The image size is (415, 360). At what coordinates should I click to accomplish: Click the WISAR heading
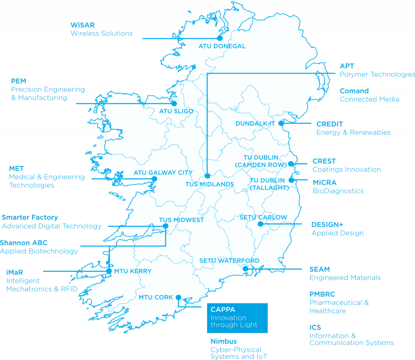(82, 25)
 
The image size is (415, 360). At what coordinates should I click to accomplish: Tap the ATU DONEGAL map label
(222, 46)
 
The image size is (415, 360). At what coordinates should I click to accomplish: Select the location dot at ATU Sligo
(174, 103)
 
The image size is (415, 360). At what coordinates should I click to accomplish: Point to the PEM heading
(19, 81)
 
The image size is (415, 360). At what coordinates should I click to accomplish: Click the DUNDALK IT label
(255, 124)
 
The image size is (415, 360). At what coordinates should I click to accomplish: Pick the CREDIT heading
(330, 124)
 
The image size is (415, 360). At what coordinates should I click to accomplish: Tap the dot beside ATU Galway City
(154, 179)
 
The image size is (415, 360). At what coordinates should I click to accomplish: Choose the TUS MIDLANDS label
(210, 184)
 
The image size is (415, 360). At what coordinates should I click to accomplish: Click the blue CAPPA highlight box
(237, 318)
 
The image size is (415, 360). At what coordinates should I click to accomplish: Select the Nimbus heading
(223, 341)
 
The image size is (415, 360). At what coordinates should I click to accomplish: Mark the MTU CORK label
(156, 297)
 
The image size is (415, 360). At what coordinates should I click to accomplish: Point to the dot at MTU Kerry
(109, 271)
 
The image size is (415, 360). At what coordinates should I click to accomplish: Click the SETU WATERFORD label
(229, 261)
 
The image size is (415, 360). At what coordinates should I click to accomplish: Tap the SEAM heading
(320, 269)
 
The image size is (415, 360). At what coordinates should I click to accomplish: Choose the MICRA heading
(324, 183)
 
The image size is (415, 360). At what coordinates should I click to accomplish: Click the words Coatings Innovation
(347, 170)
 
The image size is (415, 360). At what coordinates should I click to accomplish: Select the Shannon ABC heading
(24, 243)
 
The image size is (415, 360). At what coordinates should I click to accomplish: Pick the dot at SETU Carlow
(261, 224)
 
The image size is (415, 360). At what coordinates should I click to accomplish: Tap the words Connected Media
(369, 100)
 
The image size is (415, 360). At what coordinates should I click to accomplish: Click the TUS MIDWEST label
(182, 220)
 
